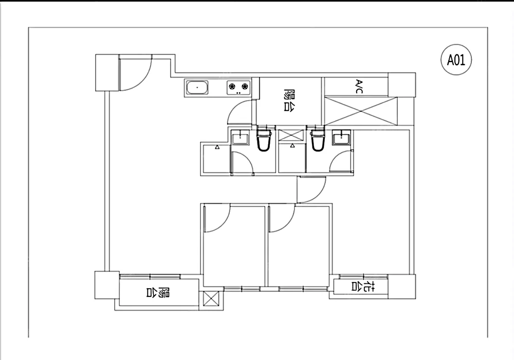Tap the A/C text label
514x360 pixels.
point(359,86)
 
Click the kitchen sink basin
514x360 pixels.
point(197,87)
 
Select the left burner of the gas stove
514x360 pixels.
point(232,86)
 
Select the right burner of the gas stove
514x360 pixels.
point(245,86)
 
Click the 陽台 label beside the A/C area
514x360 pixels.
point(288,100)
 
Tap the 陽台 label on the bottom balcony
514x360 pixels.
point(158,292)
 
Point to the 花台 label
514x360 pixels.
point(363,286)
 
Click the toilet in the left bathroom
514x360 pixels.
point(264,139)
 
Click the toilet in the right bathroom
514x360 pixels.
point(318,139)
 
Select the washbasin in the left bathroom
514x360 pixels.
point(240,137)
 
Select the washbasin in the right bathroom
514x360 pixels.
point(341,137)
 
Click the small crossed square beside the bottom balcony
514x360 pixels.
point(211,298)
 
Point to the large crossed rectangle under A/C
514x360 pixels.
point(361,111)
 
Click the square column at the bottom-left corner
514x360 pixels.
point(107,285)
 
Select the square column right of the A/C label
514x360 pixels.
point(402,85)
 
